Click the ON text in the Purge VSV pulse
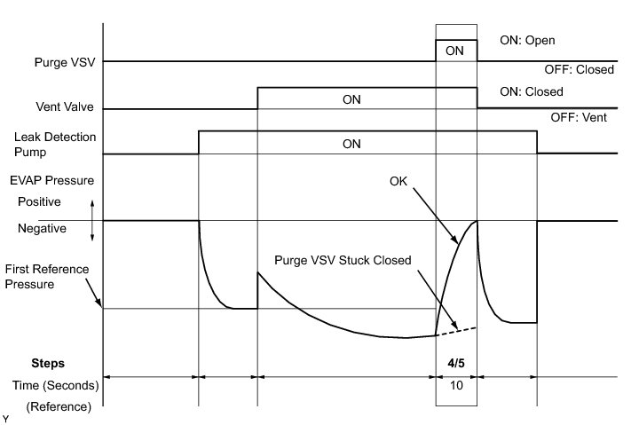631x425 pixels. pos(454,51)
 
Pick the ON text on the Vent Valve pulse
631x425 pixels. pos(352,98)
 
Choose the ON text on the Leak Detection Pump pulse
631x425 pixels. pos(352,143)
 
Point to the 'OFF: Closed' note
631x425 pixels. pos(578,69)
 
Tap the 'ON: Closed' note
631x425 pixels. pos(532,91)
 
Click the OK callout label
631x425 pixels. pos(400,181)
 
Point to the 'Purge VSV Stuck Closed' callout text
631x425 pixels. pos(342,260)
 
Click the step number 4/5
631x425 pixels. pos(455,363)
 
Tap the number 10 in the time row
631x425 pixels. pos(455,386)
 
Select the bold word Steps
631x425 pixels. pos(48,363)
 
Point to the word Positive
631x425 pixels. pos(40,201)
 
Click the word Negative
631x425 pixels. pos(43,228)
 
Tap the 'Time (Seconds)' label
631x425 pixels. pos(53,386)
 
